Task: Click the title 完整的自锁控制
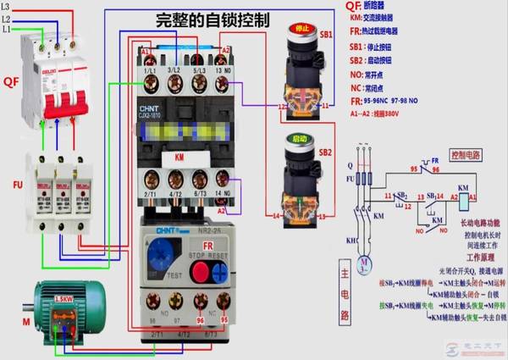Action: click(202, 19)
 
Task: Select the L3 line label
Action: click(8, 7)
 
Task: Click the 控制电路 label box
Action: click(470, 156)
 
